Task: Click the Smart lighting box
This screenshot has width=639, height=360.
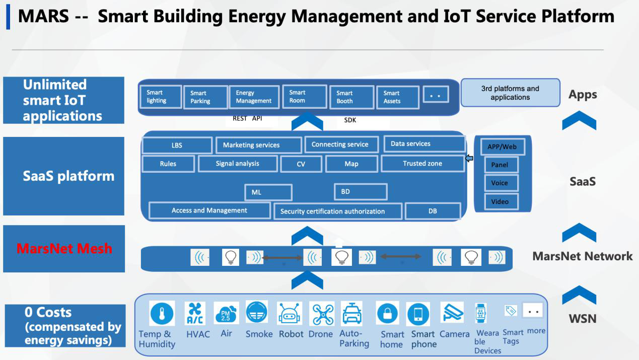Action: tap(161, 97)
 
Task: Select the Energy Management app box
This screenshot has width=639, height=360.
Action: tap(254, 97)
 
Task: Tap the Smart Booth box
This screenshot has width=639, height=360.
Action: tap(351, 97)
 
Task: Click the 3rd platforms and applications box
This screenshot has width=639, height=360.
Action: tap(511, 93)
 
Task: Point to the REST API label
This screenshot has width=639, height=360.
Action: tap(247, 118)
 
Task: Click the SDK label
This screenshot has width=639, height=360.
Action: tap(350, 120)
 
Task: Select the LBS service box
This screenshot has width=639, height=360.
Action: tap(177, 145)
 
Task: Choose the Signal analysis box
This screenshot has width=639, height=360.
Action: tap(238, 164)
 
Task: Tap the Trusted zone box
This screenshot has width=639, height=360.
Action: tap(422, 164)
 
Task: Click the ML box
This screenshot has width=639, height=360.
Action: tap(268, 192)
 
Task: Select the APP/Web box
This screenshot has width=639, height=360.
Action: tap(503, 147)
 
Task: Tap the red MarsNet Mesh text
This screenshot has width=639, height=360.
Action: tap(64, 248)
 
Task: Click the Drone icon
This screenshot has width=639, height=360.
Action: tap(322, 314)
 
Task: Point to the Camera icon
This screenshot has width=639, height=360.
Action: tap(452, 312)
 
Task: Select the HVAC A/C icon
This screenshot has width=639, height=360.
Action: tap(195, 313)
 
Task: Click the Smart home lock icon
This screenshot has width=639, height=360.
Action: tap(387, 313)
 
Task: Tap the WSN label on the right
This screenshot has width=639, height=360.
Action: tap(583, 319)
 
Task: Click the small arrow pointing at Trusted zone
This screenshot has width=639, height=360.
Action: tap(469, 158)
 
